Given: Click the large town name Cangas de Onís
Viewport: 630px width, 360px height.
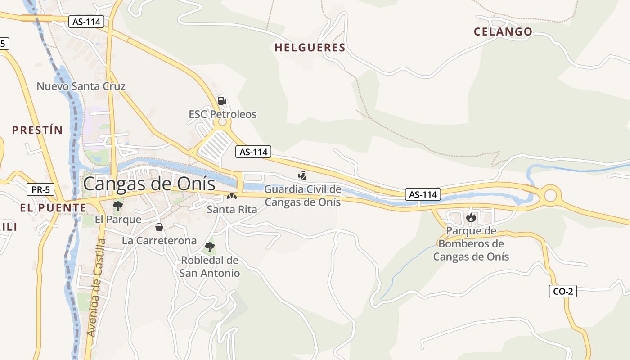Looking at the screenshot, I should pyautogui.click(x=149, y=184).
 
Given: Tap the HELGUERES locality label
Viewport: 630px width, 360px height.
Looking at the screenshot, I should pyautogui.click(x=310, y=48).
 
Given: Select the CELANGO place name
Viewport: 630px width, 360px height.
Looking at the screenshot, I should pyautogui.click(x=503, y=32).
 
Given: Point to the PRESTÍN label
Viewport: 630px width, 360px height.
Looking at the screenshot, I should pyautogui.click(x=37, y=130).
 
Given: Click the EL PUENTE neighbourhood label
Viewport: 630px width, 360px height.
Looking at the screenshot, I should pyautogui.click(x=53, y=208).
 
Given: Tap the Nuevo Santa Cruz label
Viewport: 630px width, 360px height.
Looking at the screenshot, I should pyautogui.click(x=81, y=86).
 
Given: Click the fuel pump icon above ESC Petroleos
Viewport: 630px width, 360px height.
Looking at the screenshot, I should pyautogui.click(x=222, y=100).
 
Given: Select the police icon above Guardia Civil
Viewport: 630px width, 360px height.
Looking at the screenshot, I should pyautogui.click(x=302, y=175).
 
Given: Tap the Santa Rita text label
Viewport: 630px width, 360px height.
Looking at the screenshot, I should pyautogui.click(x=232, y=210).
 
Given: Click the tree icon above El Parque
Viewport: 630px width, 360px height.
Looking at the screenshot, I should pyautogui.click(x=118, y=206).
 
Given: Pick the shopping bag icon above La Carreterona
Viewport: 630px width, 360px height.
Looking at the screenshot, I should pyautogui.click(x=159, y=227).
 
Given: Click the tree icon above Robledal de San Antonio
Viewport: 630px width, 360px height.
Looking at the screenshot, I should pyautogui.click(x=209, y=247).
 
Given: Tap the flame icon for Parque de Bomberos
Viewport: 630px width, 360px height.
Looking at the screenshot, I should pyautogui.click(x=471, y=218).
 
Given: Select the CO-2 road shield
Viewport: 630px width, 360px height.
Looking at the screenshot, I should pyautogui.click(x=562, y=291).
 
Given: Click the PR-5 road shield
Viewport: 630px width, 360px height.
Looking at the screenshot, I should pyautogui.click(x=40, y=189).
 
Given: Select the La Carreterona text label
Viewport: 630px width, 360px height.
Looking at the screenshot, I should pyautogui.click(x=159, y=241).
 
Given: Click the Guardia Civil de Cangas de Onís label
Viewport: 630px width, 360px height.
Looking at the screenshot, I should pyautogui.click(x=302, y=196).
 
